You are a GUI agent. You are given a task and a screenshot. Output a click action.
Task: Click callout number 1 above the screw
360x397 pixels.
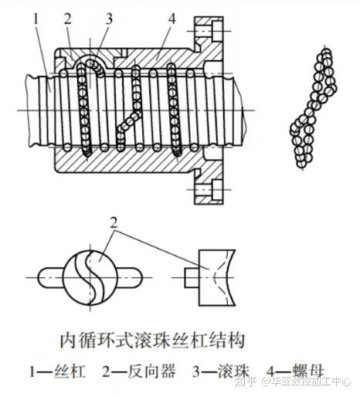[36, 19]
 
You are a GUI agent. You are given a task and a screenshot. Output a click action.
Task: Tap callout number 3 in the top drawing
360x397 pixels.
[109, 18]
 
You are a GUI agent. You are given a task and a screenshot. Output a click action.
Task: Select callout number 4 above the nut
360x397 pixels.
[172, 18]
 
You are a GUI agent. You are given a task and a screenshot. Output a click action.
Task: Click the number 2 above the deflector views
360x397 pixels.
[114, 222]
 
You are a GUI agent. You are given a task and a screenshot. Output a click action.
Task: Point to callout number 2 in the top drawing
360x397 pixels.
[67, 18]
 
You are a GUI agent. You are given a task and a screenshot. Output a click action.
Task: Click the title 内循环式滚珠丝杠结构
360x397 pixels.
[152, 341]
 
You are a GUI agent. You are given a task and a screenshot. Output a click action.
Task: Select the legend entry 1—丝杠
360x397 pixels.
[58, 371]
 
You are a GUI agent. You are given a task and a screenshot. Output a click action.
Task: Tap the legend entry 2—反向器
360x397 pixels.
[139, 371]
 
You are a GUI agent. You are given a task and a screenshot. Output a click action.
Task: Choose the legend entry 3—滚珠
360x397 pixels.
[222, 371]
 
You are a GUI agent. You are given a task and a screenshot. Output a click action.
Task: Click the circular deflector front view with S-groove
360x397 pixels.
[90, 277]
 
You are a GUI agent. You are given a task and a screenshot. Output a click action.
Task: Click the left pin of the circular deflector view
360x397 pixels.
[51, 277]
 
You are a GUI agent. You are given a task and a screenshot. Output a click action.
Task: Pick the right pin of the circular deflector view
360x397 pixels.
[130, 277]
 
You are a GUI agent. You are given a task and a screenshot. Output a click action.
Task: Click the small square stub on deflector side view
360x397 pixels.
[192, 277]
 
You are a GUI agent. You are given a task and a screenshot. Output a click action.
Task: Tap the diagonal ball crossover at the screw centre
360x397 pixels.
[129, 121]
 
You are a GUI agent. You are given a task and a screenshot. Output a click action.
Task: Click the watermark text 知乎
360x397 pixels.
[245, 382]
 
